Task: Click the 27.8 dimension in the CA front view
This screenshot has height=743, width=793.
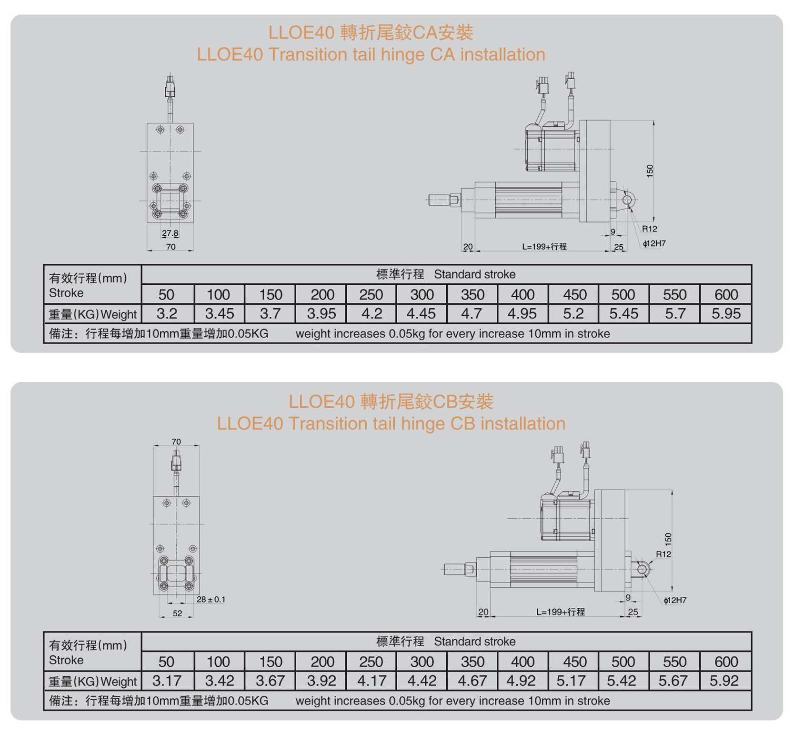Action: (x=170, y=233)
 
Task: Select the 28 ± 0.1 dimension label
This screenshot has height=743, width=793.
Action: (x=211, y=599)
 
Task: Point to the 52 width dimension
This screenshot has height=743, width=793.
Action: (x=177, y=613)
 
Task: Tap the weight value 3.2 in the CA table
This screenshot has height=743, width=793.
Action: (x=167, y=313)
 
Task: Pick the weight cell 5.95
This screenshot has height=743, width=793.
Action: (x=726, y=313)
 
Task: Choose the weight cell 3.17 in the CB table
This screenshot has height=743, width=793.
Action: (x=167, y=681)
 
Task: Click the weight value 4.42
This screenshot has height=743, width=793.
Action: (x=422, y=681)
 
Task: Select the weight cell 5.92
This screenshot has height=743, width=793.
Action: (x=724, y=681)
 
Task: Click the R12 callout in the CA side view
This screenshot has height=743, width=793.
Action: (x=650, y=229)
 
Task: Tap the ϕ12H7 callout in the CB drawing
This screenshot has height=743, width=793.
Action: (x=675, y=600)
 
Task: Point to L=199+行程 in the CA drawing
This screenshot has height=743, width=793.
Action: (x=544, y=246)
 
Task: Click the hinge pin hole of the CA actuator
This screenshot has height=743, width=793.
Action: (x=627, y=200)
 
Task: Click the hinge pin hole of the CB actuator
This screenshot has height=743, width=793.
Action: (x=642, y=569)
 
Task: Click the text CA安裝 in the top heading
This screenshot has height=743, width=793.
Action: (x=443, y=32)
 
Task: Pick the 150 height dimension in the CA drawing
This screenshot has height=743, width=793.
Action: (x=650, y=171)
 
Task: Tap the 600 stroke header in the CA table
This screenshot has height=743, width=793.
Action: (x=726, y=294)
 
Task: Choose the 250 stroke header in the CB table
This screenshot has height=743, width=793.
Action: (x=371, y=662)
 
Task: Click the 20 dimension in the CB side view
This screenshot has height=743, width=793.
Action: (x=483, y=612)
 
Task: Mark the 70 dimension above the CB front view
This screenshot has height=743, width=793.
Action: (x=176, y=442)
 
